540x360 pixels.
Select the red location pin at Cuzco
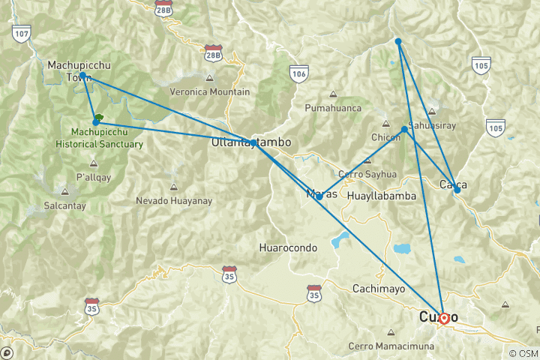[x=443, y=318]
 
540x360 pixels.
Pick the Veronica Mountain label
[x=210, y=92]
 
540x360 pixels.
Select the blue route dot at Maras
[x=319, y=196]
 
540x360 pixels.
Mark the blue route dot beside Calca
[x=457, y=190]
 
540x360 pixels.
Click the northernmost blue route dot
[x=398, y=41]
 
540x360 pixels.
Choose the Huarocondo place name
[x=287, y=247]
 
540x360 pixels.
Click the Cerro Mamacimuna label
[x=391, y=346]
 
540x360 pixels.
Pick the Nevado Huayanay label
[x=174, y=200]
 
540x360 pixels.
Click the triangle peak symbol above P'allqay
[x=94, y=163]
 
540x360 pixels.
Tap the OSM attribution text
[x=523, y=353]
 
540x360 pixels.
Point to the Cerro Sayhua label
[x=367, y=174]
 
